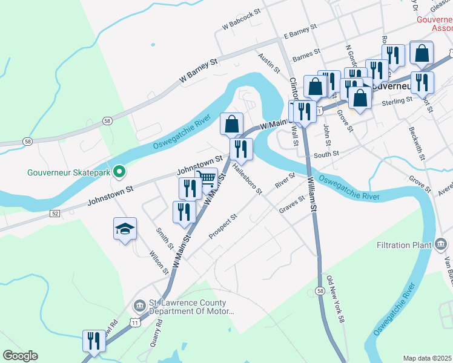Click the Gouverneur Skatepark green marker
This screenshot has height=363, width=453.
(119, 172)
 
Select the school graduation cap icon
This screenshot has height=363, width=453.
(125, 229)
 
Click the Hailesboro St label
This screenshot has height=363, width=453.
(247, 180)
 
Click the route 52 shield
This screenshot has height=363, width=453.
(55, 214)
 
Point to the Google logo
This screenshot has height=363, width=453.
(20, 356)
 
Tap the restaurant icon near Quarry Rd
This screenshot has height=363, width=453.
(94, 341)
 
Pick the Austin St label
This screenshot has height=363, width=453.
(269, 63)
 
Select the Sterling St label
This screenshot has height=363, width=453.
(397, 102)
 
